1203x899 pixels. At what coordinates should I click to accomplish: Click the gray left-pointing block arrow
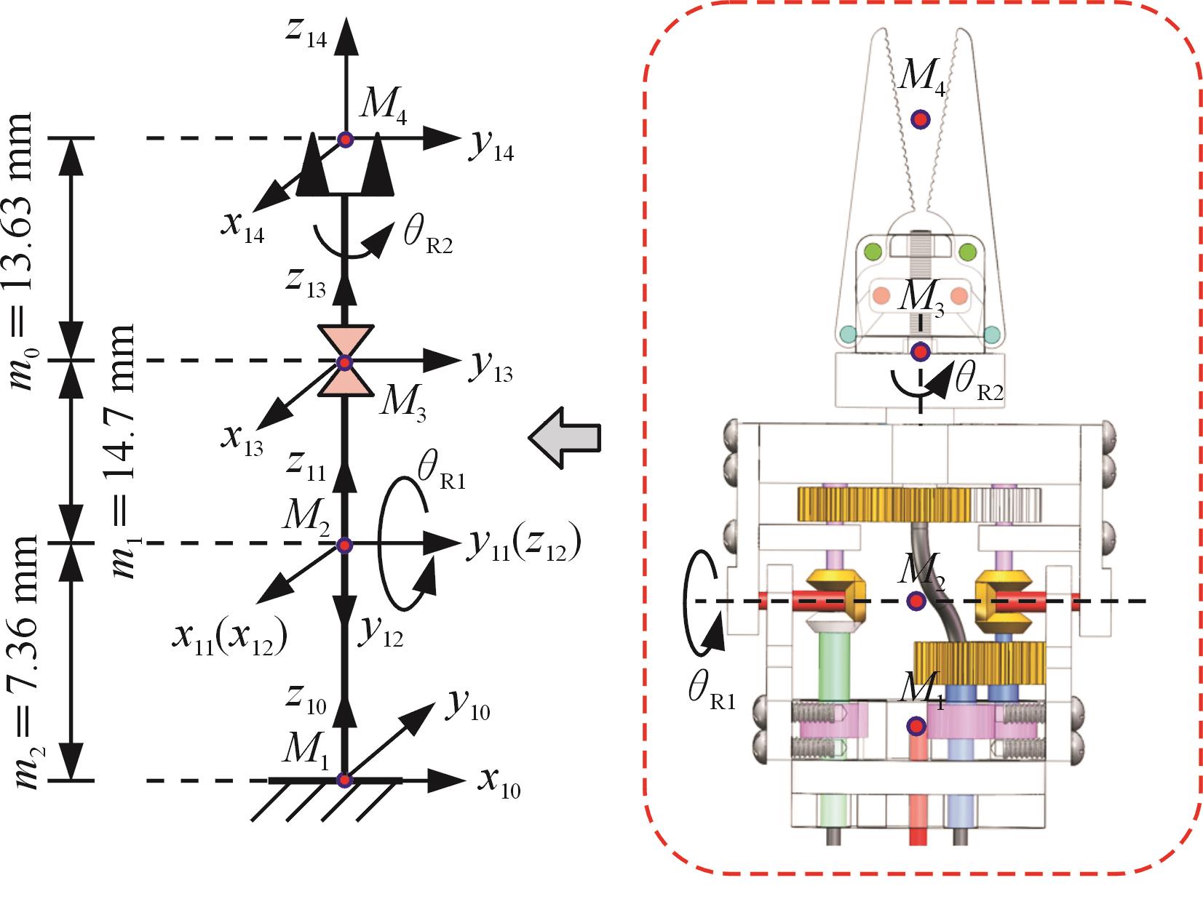(564, 439)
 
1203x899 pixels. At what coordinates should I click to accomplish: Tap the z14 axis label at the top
(306, 33)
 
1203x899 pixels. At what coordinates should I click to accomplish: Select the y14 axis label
(491, 148)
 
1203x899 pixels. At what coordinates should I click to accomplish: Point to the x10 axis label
(499, 784)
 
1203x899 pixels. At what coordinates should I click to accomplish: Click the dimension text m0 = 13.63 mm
(23, 251)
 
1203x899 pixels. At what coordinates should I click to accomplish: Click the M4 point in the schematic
(345, 139)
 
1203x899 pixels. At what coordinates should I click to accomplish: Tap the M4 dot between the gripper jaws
(921, 119)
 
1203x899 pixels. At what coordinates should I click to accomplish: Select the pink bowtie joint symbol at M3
(345, 361)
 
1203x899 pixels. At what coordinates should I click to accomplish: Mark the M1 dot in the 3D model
(916, 726)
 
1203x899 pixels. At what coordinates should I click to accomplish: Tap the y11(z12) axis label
(523, 547)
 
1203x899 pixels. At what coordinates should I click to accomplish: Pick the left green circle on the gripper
(873, 252)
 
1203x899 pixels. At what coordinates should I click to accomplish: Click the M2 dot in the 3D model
(916, 601)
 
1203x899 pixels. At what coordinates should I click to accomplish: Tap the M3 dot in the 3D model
(921, 352)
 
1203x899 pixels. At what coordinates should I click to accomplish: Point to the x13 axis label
(243, 439)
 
